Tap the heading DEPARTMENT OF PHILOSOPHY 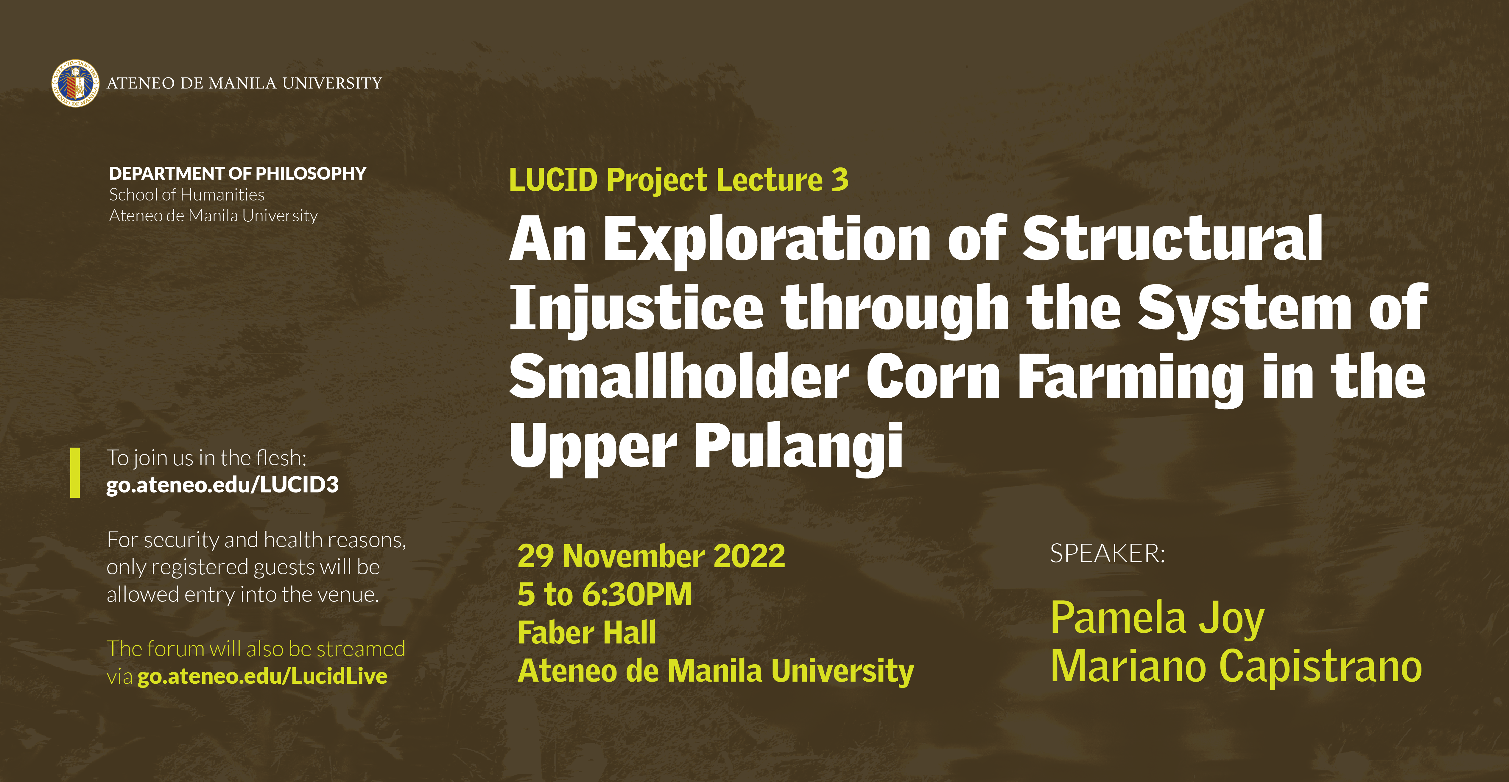237,173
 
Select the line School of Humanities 187,195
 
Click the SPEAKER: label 1107,554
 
